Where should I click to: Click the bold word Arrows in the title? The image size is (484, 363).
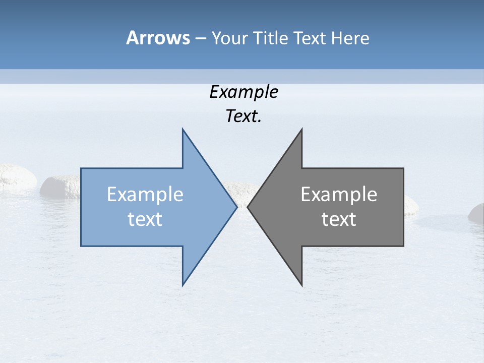pyautogui.click(x=158, y=38)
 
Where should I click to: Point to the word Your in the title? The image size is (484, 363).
pyautogui.click(x=229, y=38)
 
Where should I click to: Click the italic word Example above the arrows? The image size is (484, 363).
pyautogui.click(x=244, y=92)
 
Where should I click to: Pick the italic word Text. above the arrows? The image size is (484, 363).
pyautogui.click(x=244, y=116)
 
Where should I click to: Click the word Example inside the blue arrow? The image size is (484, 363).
pyautogui.click(x=145, y=195)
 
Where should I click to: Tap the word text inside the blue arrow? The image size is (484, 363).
pyautogui.click(x=145, y=219)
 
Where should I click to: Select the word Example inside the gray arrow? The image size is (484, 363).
pyautogui.click(x=339, y=195)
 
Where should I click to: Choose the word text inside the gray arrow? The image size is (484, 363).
pyautogui.click(x=339, y=219)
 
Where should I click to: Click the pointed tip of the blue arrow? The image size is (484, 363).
pyautogui.click(x=236, y=207)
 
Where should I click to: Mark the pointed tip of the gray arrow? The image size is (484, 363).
pyautogui.click(x=248, y=207)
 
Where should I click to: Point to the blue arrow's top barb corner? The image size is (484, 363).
pyautogui.click(x=183, y=130)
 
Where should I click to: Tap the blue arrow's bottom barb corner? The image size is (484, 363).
pyautogui.click(x=183, y=285)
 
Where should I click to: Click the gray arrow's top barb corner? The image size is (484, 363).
pyautogui.click(x=301, y=130)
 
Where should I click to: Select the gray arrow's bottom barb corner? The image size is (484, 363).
pyautogui.click(x=301, y=285)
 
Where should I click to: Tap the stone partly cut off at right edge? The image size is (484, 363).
pyautogui.click(x=477, y=213)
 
